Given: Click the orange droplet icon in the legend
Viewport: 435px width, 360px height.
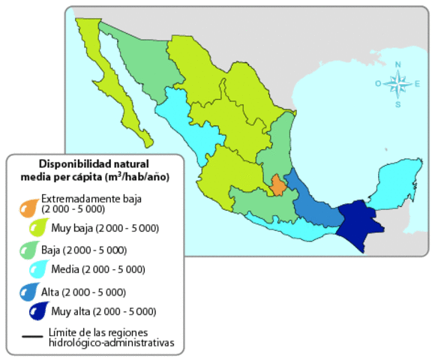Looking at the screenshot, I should click(x=29, y=205).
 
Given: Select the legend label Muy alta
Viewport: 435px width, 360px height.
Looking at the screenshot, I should click(x=72, y=311).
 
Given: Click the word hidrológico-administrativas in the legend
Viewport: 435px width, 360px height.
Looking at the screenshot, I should click(x=110, y=343).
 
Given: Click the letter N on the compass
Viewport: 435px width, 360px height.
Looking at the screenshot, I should click(x=397, y=64).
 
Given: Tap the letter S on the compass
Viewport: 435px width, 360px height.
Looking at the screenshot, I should click(x=397, y=104).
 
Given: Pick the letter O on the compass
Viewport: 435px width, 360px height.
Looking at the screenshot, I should click(x=379, y=84).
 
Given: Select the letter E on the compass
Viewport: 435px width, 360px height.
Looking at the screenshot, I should click(x=417, y=84).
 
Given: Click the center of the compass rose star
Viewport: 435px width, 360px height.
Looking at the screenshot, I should click(x=397, y=85).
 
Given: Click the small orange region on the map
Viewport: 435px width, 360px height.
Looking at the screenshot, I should click(x=278, y=185).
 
